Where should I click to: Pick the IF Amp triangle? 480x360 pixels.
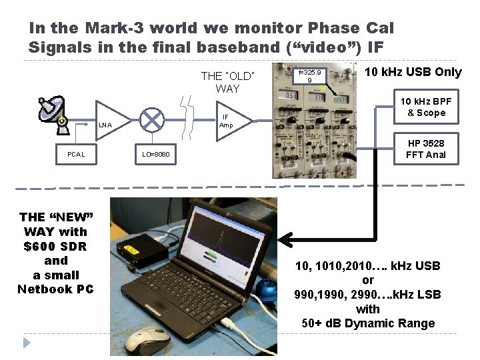click(233, 120)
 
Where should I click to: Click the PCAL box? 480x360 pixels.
click(76, 155)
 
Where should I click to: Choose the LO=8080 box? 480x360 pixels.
click(156, 155)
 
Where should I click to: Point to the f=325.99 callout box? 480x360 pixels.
click(307, 75)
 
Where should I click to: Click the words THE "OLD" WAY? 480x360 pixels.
click(227, 82)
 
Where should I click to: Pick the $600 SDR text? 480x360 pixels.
click(55, 246)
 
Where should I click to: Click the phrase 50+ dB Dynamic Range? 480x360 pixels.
click(368, 323)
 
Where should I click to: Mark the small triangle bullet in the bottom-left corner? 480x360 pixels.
click(27, 343)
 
